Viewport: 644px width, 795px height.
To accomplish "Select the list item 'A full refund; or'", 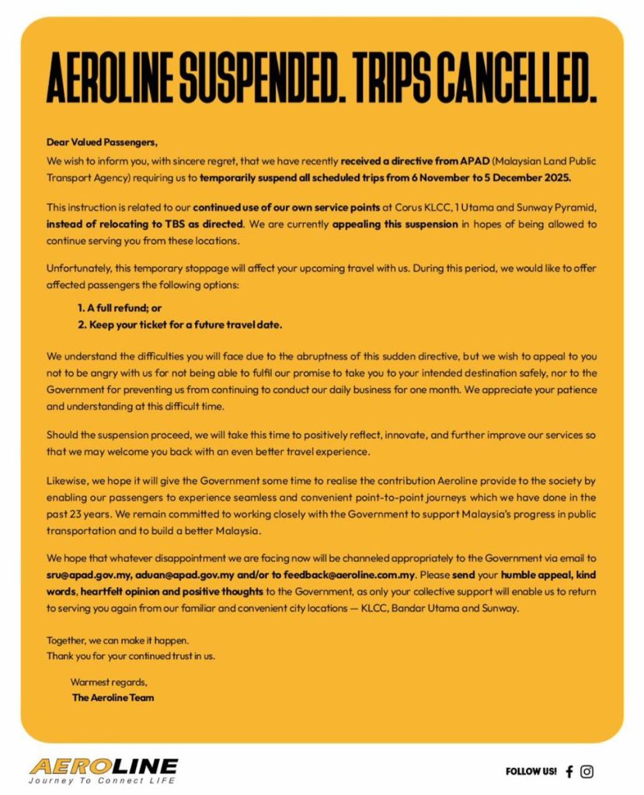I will pos(119,307).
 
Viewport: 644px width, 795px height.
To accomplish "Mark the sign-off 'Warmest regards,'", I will pos(108,682).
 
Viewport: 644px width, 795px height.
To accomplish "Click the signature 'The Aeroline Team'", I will pos(113,697).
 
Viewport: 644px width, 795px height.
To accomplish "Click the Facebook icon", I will pos(569,771).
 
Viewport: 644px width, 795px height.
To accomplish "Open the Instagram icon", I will pos(587,771).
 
